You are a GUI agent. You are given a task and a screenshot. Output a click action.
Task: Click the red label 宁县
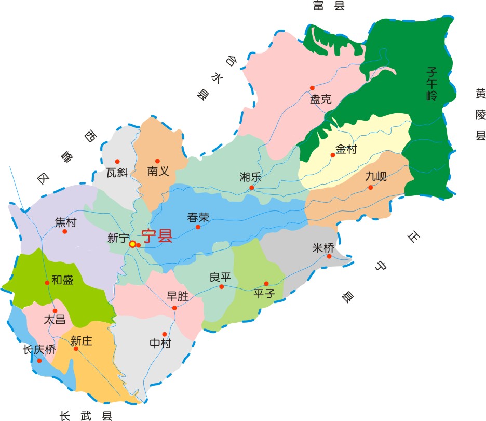click(x=157, y=237)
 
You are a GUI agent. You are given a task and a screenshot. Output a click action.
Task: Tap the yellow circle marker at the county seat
click(x=133, y=244)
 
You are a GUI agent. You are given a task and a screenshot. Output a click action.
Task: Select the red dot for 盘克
click(x=312, y=88)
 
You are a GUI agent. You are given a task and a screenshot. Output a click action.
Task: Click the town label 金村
click(x=346, y=150)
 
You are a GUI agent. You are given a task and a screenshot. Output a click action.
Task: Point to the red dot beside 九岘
click(x=371, y=187)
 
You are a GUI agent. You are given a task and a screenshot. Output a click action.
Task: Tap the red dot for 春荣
click(x=197, y=227)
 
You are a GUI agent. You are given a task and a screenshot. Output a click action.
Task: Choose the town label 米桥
click(x=323, y=248)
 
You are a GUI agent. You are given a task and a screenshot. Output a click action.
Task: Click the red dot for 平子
click(x=266, y=283)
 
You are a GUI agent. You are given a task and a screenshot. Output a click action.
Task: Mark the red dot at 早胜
click(x=174, y=308)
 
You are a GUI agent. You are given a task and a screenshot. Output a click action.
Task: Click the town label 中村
click(x=160, y=343)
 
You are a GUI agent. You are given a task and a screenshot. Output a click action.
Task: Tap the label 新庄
click(x=82, y=341)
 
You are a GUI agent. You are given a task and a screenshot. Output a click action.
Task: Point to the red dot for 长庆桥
click(x=39, y=360)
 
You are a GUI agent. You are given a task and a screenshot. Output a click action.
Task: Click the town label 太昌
click(x=54, y=320)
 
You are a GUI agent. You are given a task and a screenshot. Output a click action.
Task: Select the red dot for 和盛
click(x=47, y=283)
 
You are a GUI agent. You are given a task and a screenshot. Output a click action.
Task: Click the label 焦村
click(x=65, y=222)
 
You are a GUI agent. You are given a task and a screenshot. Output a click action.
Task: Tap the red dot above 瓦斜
click(x=117, y=161)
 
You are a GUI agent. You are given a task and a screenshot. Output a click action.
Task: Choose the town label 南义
click(x=158, y=170)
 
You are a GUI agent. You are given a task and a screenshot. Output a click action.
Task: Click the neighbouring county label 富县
click(x=329, y=6)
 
